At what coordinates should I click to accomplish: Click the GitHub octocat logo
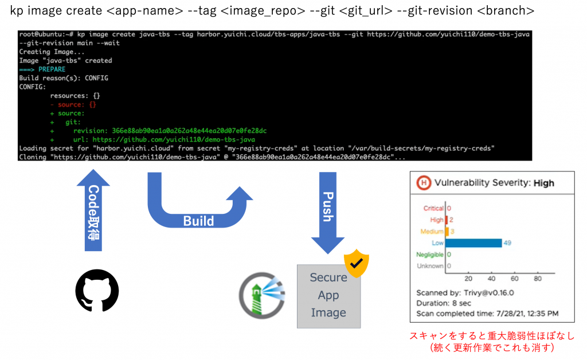[x=97, y=291]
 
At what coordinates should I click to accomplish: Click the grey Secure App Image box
[x=328, y=296]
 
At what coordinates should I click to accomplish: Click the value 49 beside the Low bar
[x=507, y=242]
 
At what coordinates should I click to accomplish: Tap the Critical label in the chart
[x=433, y=209]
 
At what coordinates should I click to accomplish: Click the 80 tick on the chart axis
[x=538, y=279]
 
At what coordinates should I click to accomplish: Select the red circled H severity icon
[x=424, y=183]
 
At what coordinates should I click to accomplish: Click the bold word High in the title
[x=544, y=183]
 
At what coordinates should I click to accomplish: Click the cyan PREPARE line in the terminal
[x=52, y=69]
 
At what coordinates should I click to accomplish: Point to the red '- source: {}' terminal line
[x=73, y=104]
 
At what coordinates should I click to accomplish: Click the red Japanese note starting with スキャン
[x=492, y=336]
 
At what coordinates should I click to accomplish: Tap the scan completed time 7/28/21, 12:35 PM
[x=526, y=314]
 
